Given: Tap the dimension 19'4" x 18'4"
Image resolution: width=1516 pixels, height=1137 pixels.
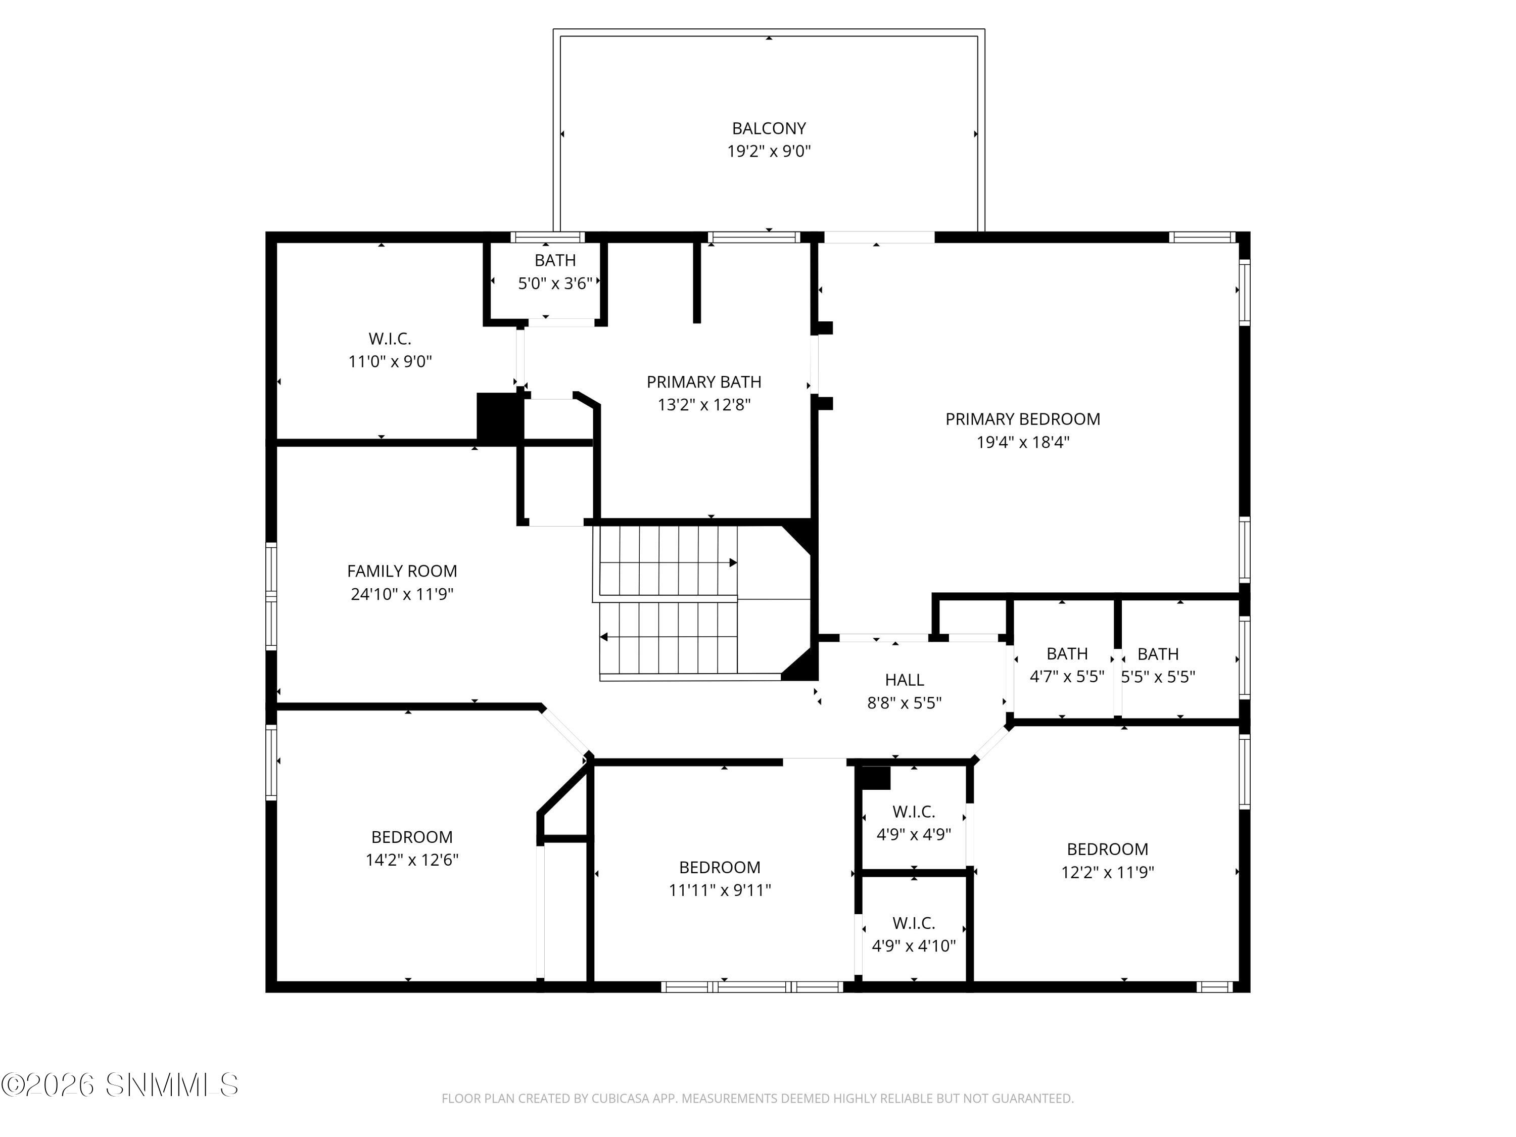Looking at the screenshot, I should point(1023,442).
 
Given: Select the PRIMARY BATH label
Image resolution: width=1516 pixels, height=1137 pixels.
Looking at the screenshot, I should point(704,382).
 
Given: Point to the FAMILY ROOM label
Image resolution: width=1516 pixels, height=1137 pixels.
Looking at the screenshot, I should point(402,571).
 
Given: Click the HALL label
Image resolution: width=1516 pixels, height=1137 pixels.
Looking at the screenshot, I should point(904,680).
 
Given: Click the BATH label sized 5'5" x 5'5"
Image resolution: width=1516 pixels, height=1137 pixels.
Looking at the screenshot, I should point(1158,654).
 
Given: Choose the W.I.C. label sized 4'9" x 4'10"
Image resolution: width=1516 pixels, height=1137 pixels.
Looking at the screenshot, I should point(914,923).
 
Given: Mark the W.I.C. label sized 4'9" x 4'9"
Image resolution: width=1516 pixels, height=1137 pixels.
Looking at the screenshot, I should point(914,812).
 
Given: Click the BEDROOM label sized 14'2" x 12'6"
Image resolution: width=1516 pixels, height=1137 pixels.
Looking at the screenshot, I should point(411,837).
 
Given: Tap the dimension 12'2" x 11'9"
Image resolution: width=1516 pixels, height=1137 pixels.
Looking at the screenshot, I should point(1108,872).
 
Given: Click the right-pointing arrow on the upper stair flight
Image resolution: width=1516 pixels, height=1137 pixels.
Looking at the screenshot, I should point(733,562).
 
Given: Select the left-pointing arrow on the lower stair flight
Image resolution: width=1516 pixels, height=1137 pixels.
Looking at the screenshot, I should point(604,637).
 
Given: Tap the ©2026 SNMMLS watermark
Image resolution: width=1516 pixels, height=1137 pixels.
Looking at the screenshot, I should point(120,1085).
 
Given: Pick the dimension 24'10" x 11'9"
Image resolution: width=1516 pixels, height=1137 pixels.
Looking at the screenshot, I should point(402,594).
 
